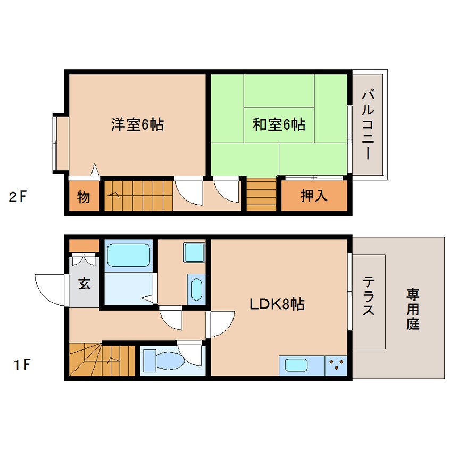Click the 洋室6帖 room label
click(137, 124)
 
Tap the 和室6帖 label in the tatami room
click(279, 124)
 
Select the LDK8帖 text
click(277, 304)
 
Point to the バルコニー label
click(368, 125)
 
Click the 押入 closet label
click(314, 196)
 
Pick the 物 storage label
click(84, 197)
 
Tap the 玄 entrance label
click(84, 283)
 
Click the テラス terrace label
click(369, 296)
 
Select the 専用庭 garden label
click(413, 310)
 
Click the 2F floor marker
click(18, 197)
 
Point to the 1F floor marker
click(22, 365)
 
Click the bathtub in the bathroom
click(128, 255)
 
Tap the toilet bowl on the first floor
click(169, 361)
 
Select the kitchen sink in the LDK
click(296, 365)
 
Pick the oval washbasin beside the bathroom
click(196, 289)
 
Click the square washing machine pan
click(194, 253)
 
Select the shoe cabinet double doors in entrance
click(84, 259)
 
